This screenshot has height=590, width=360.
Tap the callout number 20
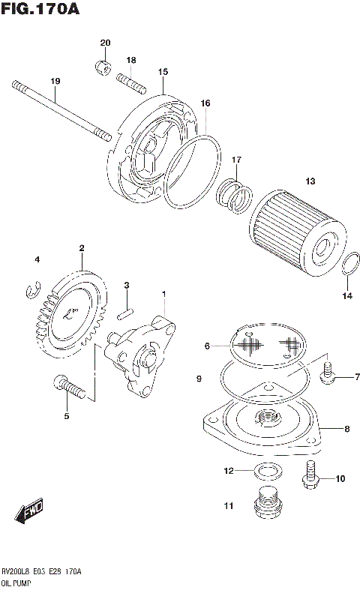[105, 43]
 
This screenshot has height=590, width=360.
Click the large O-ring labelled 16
[193, 171]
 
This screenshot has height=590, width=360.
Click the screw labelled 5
[69, 388]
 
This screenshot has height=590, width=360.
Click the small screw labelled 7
[328, 373]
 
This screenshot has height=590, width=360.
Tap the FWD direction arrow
[28, 514]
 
